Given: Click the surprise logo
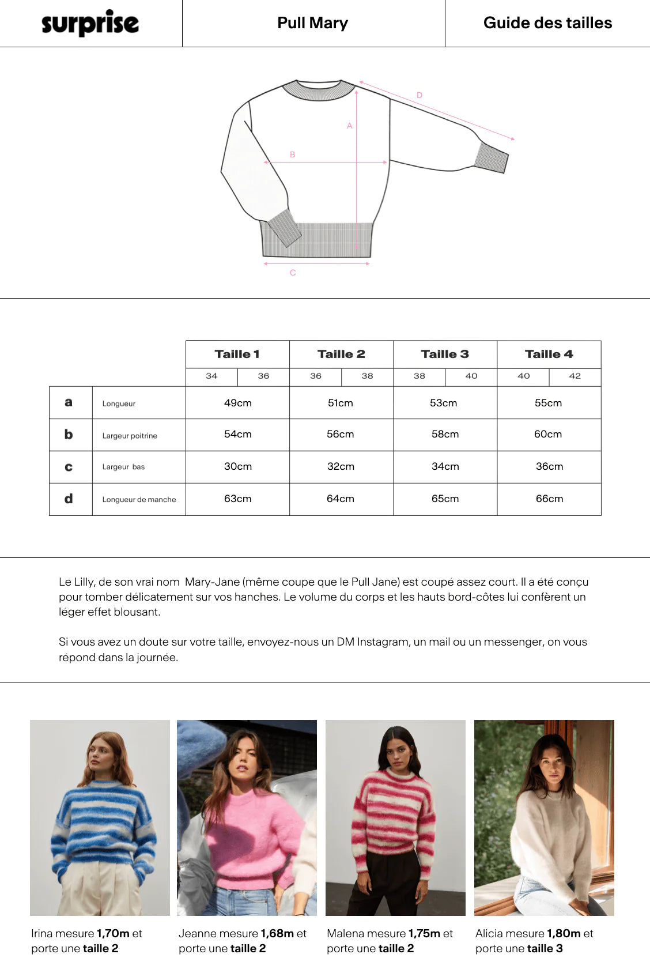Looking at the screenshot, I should tap(90, 23).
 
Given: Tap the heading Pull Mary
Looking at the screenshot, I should tap(312, 23).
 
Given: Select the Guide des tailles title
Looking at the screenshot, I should tap(547, 23).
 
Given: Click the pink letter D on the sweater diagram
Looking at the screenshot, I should tap(420, 95).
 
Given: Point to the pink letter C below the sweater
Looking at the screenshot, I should tap(293, 273).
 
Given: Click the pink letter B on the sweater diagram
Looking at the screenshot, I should tap(292, 154).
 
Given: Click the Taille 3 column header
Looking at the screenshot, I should tap(445, 354).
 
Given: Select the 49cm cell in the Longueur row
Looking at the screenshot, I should tap(237, 403).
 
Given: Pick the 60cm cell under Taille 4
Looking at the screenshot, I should tap(547, 434).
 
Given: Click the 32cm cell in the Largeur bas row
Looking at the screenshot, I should tap(341, 466).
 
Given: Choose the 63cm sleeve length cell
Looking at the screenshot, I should tap(237, 499).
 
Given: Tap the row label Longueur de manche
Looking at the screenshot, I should tap(139, 500).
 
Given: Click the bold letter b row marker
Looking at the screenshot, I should tap(69, 434).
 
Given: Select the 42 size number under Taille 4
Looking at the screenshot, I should tap(575, 376).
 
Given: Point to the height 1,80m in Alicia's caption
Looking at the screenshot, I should tap(564, 933).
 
